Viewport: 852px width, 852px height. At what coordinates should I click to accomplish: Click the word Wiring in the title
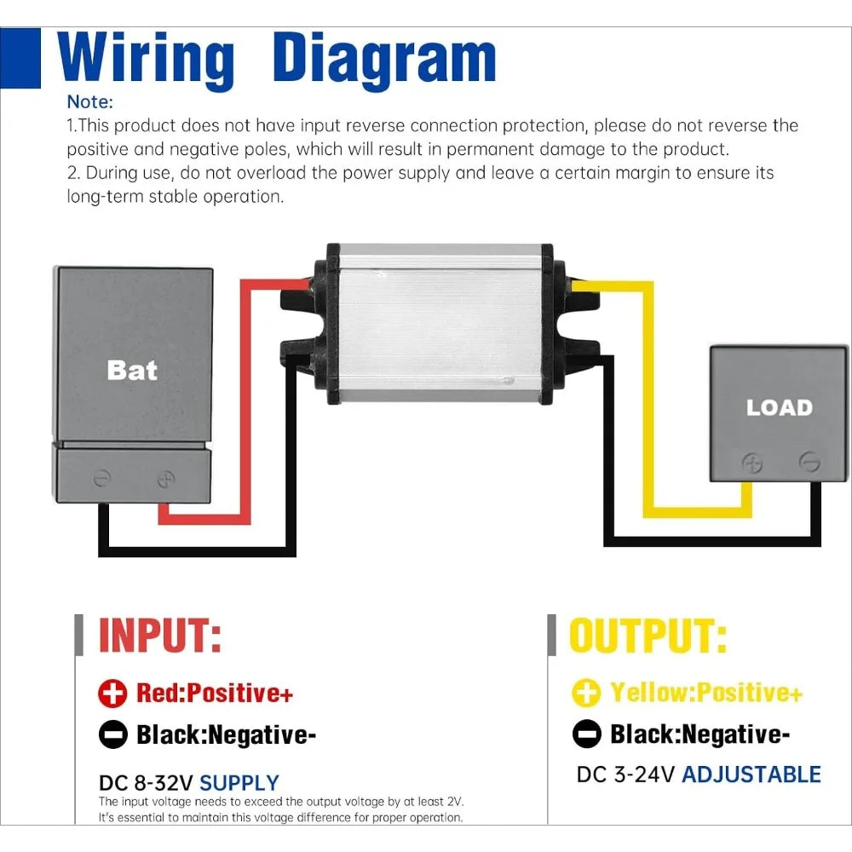(146, 60)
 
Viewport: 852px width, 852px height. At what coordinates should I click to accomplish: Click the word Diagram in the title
(384, 60)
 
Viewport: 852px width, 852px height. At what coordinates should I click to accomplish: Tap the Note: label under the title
(90, 101)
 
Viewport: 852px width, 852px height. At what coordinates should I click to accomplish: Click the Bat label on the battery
(132, 371)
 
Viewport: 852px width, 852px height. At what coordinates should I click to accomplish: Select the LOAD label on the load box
(780, 407)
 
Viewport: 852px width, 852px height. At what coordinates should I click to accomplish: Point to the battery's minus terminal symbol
(102, 478)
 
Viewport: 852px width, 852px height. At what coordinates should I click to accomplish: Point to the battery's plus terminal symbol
(166, 479)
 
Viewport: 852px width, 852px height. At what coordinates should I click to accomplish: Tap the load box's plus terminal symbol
(752, 463)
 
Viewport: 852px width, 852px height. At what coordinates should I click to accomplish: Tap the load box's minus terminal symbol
(809, 462)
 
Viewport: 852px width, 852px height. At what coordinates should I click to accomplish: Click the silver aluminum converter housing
(440, 324)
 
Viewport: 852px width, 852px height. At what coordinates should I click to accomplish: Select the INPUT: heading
(160, 636)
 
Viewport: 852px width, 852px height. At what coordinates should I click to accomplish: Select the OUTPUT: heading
(648, 636)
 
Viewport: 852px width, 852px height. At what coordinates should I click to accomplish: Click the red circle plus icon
(112, 694)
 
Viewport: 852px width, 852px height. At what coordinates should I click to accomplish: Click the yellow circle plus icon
(586, 693)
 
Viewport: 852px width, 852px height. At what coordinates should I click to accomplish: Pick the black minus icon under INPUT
(113, 734)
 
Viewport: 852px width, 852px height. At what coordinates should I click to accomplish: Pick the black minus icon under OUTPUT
(587, 734)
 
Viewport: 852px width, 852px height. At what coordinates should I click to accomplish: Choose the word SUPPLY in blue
(239, 783)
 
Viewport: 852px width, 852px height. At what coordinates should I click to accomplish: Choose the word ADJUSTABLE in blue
(751, 774)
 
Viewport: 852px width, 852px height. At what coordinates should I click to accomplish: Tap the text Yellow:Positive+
(706, 693)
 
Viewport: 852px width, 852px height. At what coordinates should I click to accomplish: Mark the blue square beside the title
(20, 58)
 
